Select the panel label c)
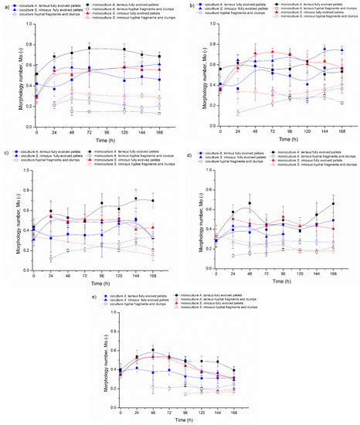5,153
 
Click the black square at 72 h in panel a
90,49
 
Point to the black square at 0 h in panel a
35,75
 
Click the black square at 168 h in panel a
160,56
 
